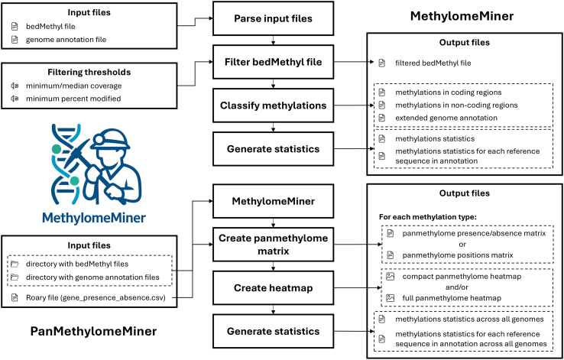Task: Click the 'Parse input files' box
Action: click(x=273, y=18)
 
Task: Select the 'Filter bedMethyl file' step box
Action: click(x=273, y=62)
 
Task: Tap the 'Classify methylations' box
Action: click(x=273, y=105)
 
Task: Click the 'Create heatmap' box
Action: click(x=273, y=287)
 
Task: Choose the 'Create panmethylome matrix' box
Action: click(x=273, y=244)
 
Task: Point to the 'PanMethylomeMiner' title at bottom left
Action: click(x=93, y=331)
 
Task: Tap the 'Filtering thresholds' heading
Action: click(x=89, y=72)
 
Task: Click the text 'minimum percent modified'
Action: click(x=73, y=98)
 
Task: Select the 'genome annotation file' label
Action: click(x=66, y=40)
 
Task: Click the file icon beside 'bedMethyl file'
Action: click(x=15, y=26)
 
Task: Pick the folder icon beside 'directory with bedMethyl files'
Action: click(x=15, y=264)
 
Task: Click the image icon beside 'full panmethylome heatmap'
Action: click(x=391, y=298)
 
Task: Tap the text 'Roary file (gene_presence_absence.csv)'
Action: click(x=96, y=298)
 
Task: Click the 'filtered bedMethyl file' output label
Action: click(x=433, y=63)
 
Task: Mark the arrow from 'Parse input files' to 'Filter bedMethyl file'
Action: click(x=273, y=40)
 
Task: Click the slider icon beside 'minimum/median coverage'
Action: click(x=15, y=86)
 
